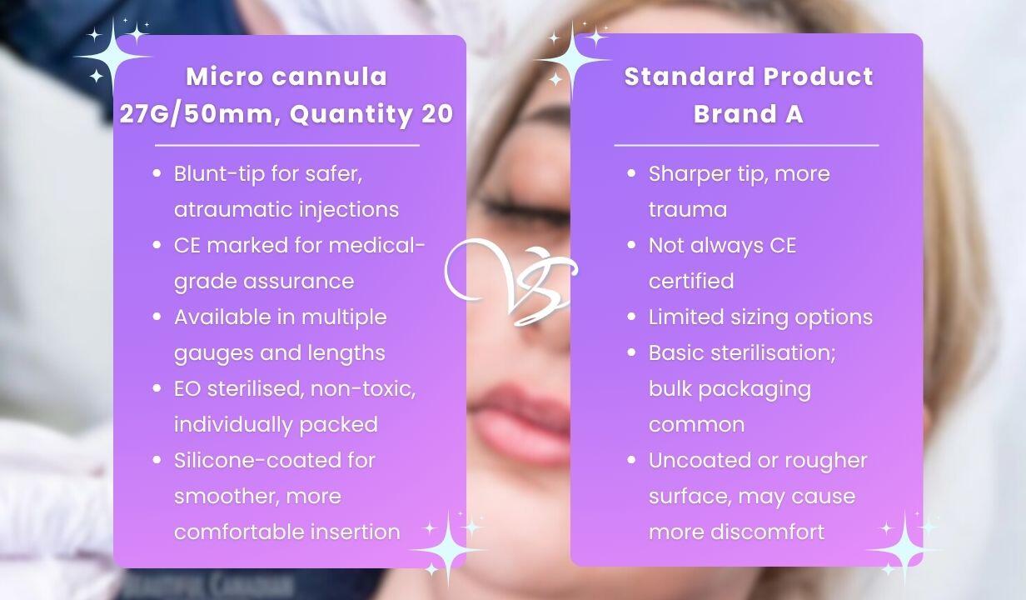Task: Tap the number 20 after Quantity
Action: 437,113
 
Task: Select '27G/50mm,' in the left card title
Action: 201,115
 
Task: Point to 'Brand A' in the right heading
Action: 749,113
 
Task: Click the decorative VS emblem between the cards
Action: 511,282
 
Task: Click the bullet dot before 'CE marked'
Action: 157,245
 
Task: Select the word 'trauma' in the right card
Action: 688,210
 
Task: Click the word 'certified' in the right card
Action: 691,281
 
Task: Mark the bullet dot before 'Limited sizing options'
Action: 631,317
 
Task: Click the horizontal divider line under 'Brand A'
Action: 746,145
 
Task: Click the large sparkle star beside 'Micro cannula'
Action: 112,57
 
